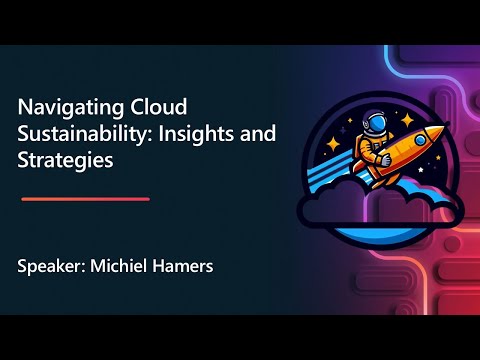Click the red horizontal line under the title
point(85,199)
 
